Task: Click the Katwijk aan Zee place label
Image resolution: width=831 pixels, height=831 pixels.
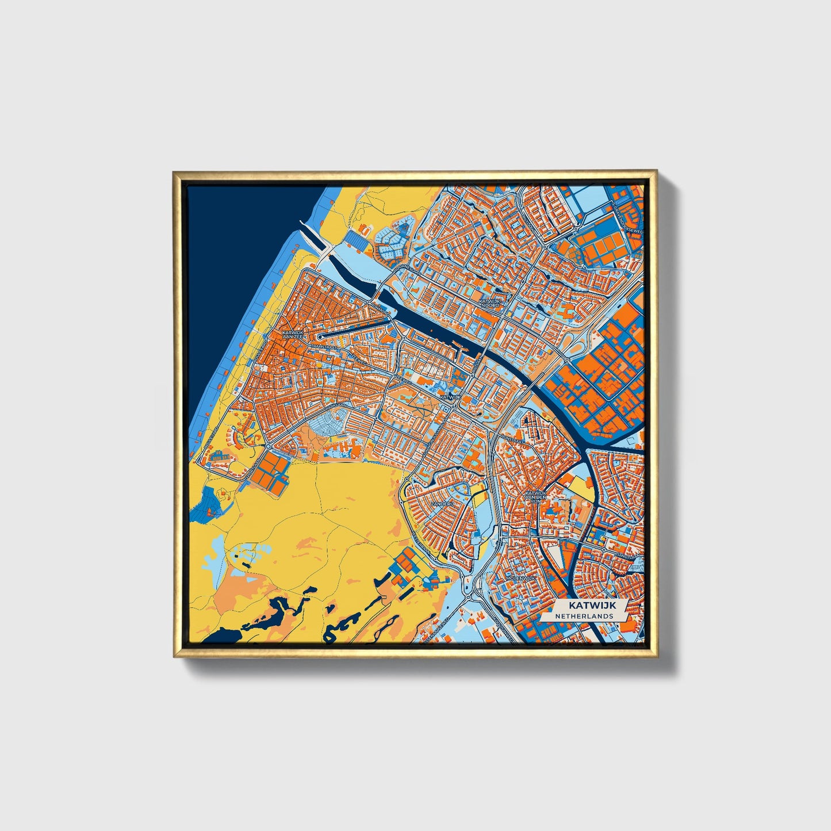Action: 292,335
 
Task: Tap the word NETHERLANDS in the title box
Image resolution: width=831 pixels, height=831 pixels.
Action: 584,616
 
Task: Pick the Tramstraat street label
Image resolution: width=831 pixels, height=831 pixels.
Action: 325,347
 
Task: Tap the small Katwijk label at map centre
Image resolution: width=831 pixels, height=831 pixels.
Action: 450,397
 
